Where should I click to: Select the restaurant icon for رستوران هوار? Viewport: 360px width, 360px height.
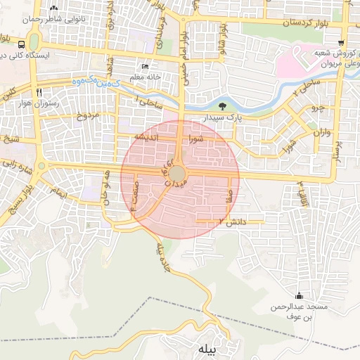40,92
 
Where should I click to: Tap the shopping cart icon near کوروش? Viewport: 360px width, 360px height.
341,42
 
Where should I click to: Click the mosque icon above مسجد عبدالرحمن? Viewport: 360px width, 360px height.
300,295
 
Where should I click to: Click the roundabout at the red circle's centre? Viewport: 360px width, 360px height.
179,173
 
